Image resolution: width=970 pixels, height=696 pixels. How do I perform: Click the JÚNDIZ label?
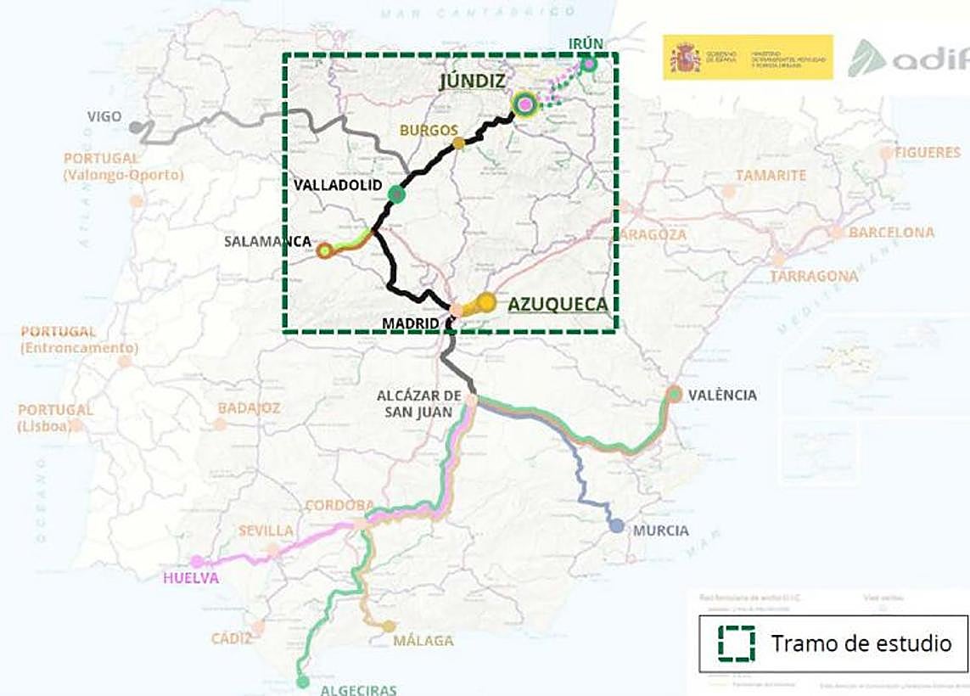pyautogui.click(x=473, y=81)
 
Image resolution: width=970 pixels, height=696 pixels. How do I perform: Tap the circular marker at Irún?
pyautogui.click(x=589, y=63)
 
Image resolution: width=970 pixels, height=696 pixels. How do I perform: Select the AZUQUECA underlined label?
pyautogui.click(x=558, y=305)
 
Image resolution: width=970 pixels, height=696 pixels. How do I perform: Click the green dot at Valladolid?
pyautogui.click(x=396, y=194)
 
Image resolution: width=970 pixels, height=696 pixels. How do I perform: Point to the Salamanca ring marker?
pyautogui.click(x=324, y=250)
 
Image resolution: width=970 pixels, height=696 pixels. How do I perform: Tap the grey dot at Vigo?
pyautogui.click(x=136, y=127)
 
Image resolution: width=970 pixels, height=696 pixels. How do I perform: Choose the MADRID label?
pyautogui.click(x=411, y=323)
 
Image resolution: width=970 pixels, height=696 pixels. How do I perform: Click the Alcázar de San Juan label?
pyautogui.click(x=419, y=404)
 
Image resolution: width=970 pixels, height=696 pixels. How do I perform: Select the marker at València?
pyautogui.click(x=675, y=394)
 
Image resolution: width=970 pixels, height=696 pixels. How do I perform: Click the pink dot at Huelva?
pyautogui.click(x=197, y=561)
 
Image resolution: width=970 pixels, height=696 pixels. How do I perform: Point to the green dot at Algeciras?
pyautogui.click(x=303, y=681)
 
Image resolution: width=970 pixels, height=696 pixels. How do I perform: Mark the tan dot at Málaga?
pyautogui.click(x=389, y=626)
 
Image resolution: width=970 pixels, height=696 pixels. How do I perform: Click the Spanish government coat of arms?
pyautogui.click(x=685, y=58)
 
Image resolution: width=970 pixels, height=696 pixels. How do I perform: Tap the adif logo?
pyautogui.click(x=908, y=59)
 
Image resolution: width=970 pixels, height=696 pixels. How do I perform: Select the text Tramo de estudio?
pyautogui.click(x=861, y=643)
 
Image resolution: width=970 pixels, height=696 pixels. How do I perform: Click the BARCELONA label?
pyautogui.click(x=891, y=232)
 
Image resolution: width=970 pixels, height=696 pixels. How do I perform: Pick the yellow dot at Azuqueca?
pyautogui.click(x=486, y=301)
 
